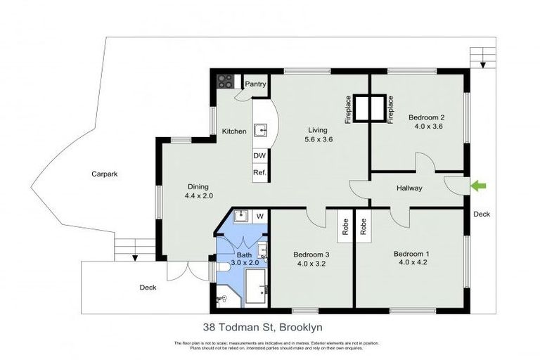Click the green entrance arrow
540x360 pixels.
(478, 186)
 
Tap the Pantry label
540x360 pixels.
(255, 84)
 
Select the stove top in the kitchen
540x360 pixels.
(225, 82)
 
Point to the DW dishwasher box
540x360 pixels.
(259, 156)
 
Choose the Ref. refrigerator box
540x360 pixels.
(259, 173)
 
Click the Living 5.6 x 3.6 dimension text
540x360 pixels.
(318, 140)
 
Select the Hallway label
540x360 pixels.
(409, 188)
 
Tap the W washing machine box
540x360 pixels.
(259, 216)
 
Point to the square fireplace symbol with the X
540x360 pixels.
(368, 109)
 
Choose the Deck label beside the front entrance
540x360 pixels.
(482, 214)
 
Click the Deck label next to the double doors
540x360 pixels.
(147, 287)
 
